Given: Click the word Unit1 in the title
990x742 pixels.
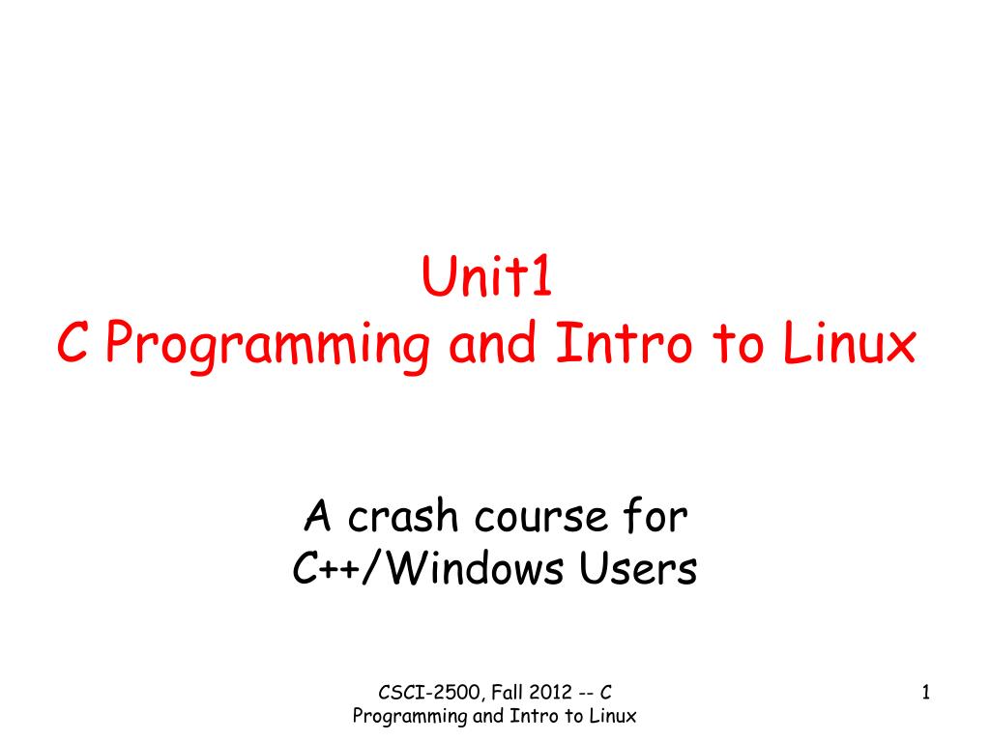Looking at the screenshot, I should (x=486, y=280).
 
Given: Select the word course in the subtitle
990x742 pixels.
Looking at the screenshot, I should (x=536, y=519).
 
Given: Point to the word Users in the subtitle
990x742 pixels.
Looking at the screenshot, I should (x=638, y=570).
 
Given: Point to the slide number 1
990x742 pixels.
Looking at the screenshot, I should (x=925, y=692).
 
